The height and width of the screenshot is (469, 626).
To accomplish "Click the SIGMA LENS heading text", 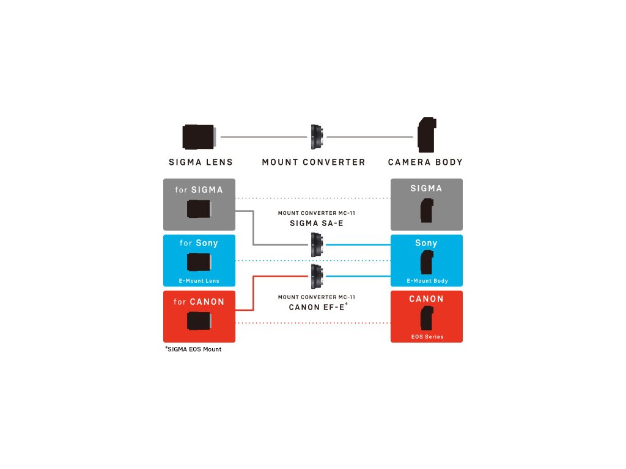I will (x=201, y=162).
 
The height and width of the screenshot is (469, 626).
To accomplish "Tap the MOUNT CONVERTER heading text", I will (x=313, y=162).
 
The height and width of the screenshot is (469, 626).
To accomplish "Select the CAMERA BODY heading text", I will (x=425, y=162).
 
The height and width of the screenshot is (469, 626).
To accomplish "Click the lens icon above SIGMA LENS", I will (x=199, y=137).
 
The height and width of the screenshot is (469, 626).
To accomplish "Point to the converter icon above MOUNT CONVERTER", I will (x=317, y=137).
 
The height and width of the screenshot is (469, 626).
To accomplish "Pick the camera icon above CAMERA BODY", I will (x=426, y=136).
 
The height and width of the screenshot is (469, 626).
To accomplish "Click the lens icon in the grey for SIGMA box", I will (x=200, y=209).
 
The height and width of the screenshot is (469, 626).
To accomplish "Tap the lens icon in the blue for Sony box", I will (x=200, y=262).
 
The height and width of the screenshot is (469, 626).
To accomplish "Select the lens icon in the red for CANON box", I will (x=200, y=321).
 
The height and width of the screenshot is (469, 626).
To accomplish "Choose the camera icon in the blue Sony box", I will (x=427, y=262).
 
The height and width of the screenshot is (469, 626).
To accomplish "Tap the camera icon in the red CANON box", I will (x=427, y=318).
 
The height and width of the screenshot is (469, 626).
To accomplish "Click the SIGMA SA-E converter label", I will (x=316, y=224).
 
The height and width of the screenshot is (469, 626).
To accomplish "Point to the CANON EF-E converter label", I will (x=317, y=307).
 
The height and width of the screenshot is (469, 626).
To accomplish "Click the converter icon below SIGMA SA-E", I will (x=317, y=244).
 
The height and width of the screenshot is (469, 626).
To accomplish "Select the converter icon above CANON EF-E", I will (x=317, y=276).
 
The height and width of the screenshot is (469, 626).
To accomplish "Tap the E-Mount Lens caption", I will (x=199, y=281).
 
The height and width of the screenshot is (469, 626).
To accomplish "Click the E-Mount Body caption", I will (x=426, y=281).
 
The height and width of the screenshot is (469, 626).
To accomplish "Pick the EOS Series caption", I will (x=426, y=336).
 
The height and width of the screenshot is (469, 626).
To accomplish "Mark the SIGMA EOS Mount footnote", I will (x=193, y=349).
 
